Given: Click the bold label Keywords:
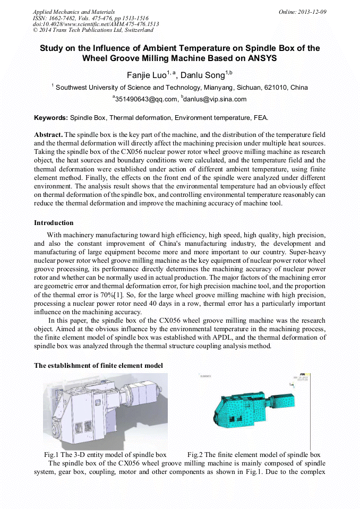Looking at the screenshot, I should coord(51,117).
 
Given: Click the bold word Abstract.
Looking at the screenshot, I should coord(48,135).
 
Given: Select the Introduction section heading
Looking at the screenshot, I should coord(54,222).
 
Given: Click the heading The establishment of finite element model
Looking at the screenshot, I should coord(98,366).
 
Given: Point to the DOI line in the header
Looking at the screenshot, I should coord(96,24).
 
